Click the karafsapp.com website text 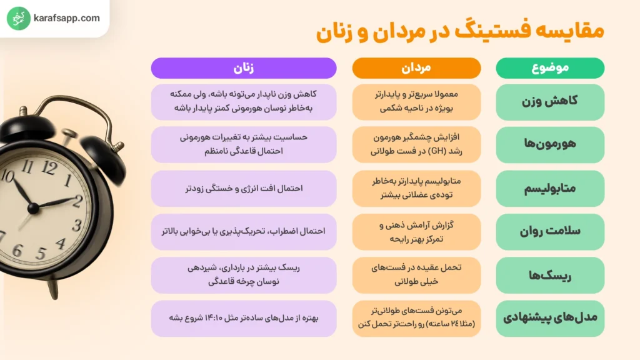point(68,18)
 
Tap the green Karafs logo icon point(19,19)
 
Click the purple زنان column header point(244,68)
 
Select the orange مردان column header point(416,68)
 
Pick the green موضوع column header point(550,68)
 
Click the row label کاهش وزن point(550,101)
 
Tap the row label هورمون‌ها point(550,144)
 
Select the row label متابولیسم point(550,188)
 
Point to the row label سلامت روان point(550,231)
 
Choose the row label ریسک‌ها point(550,275)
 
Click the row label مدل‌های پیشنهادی point(550,318)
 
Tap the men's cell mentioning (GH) point(416,144)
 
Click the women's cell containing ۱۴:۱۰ point(244,318)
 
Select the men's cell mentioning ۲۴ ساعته point(416,318)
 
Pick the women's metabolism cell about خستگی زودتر point(244,188)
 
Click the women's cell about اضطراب point(244,231)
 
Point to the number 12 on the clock point(48,167)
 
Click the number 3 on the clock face point(77,225)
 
